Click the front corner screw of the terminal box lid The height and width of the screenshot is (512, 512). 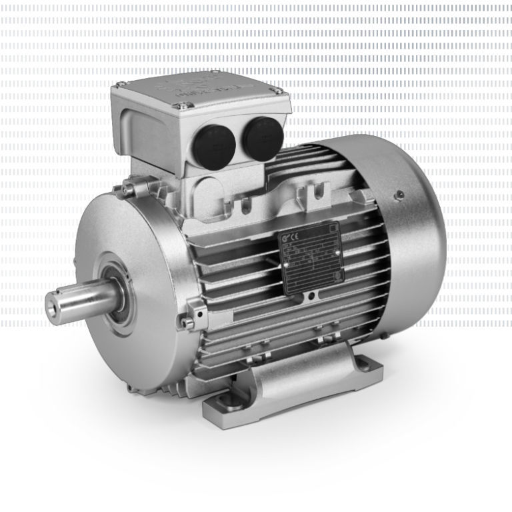coord(178,105)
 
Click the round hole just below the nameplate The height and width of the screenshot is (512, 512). coord(311,295)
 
